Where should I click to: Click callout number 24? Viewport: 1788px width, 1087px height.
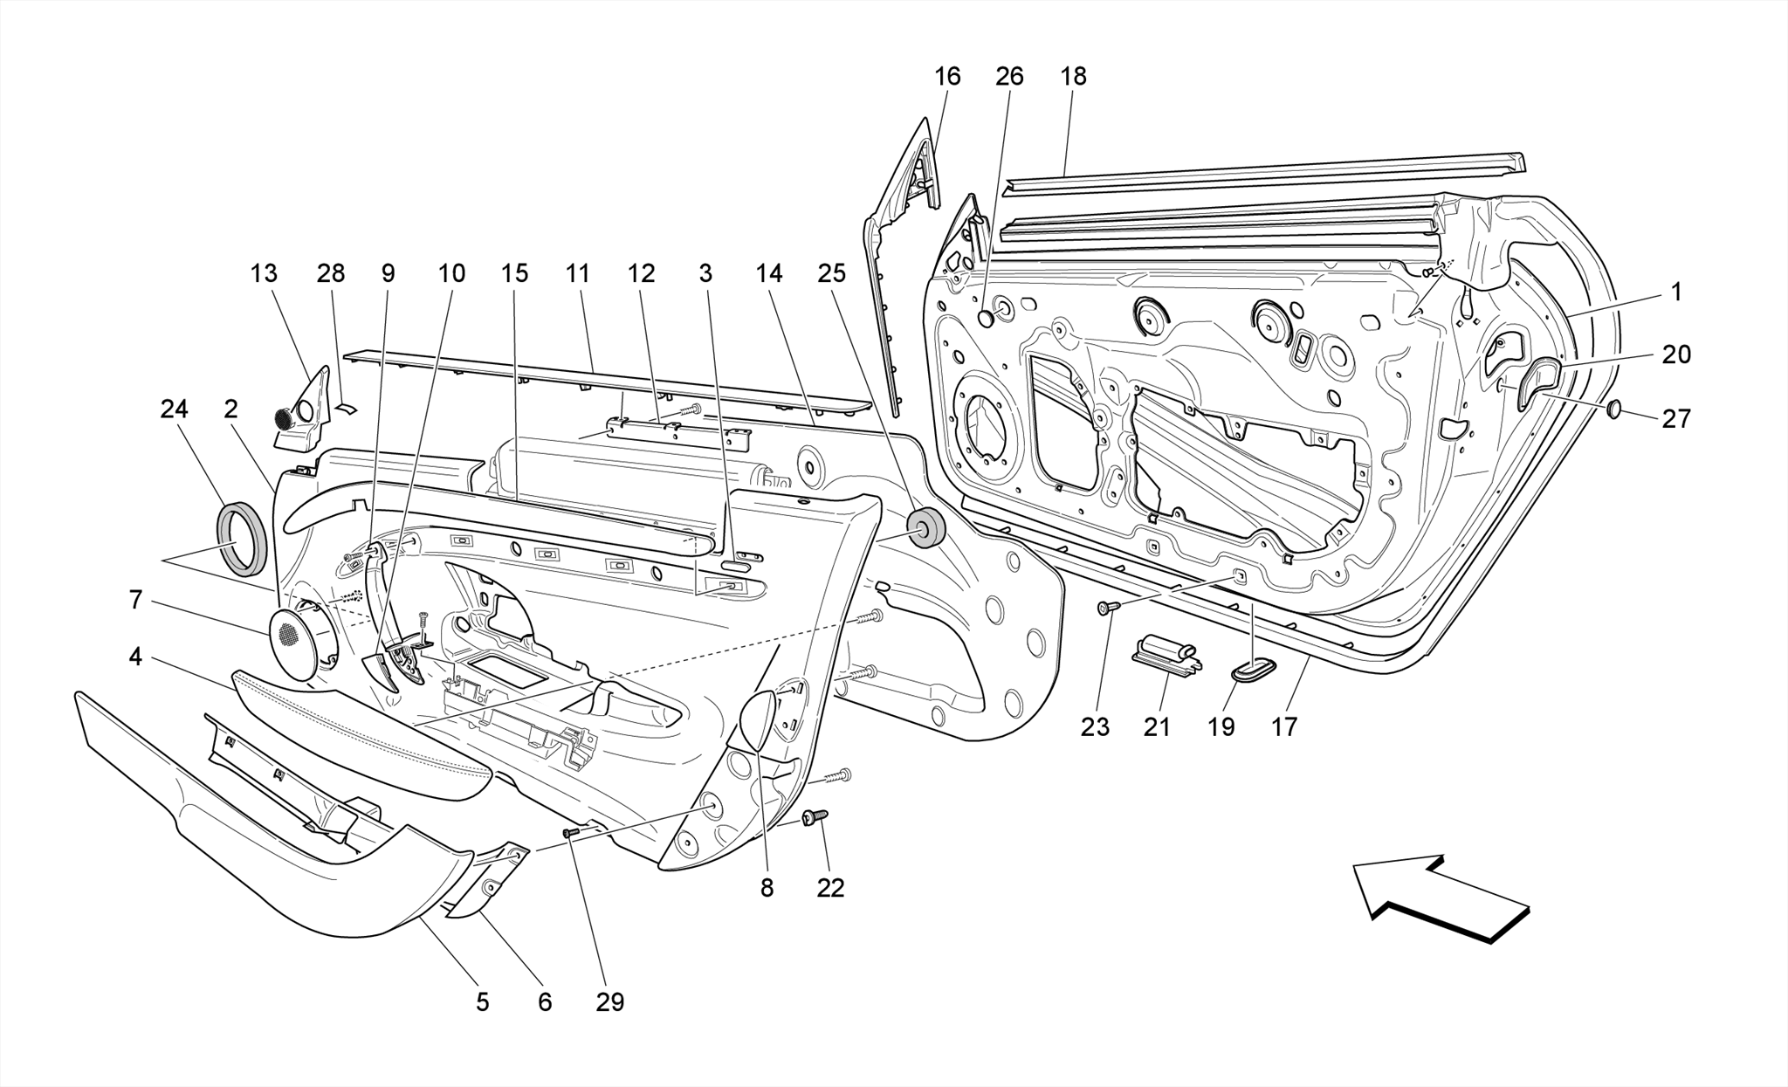pyautogui.click(x=175, y=409)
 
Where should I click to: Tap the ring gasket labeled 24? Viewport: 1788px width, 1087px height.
pyautogui.click(x=240, y=539)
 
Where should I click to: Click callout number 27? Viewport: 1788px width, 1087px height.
pyautogui.click(x=1675, y=419)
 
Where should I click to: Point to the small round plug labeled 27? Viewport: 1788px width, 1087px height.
pyautogui.click(x=1614, y=409)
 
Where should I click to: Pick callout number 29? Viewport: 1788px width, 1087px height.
pyautogui.click(x=610, y=1002)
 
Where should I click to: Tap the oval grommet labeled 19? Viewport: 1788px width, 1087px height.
pyautogui.click(x=1253, y=671)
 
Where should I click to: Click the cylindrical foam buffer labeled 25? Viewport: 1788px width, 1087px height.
pyautogui.click(x=925, y=529)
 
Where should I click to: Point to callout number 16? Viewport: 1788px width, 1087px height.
pyautogui.click(x=947, y=77)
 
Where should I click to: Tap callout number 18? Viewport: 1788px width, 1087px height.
pyautogui.click(x=1073, y=77)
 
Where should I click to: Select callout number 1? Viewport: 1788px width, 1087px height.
pyautogui.click(x=1675, y=292)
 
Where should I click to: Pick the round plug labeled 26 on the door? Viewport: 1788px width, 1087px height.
pyautogui.click(x=987, y=319)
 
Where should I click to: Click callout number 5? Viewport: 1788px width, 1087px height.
pyautogui.click(x=482, y=1002)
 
